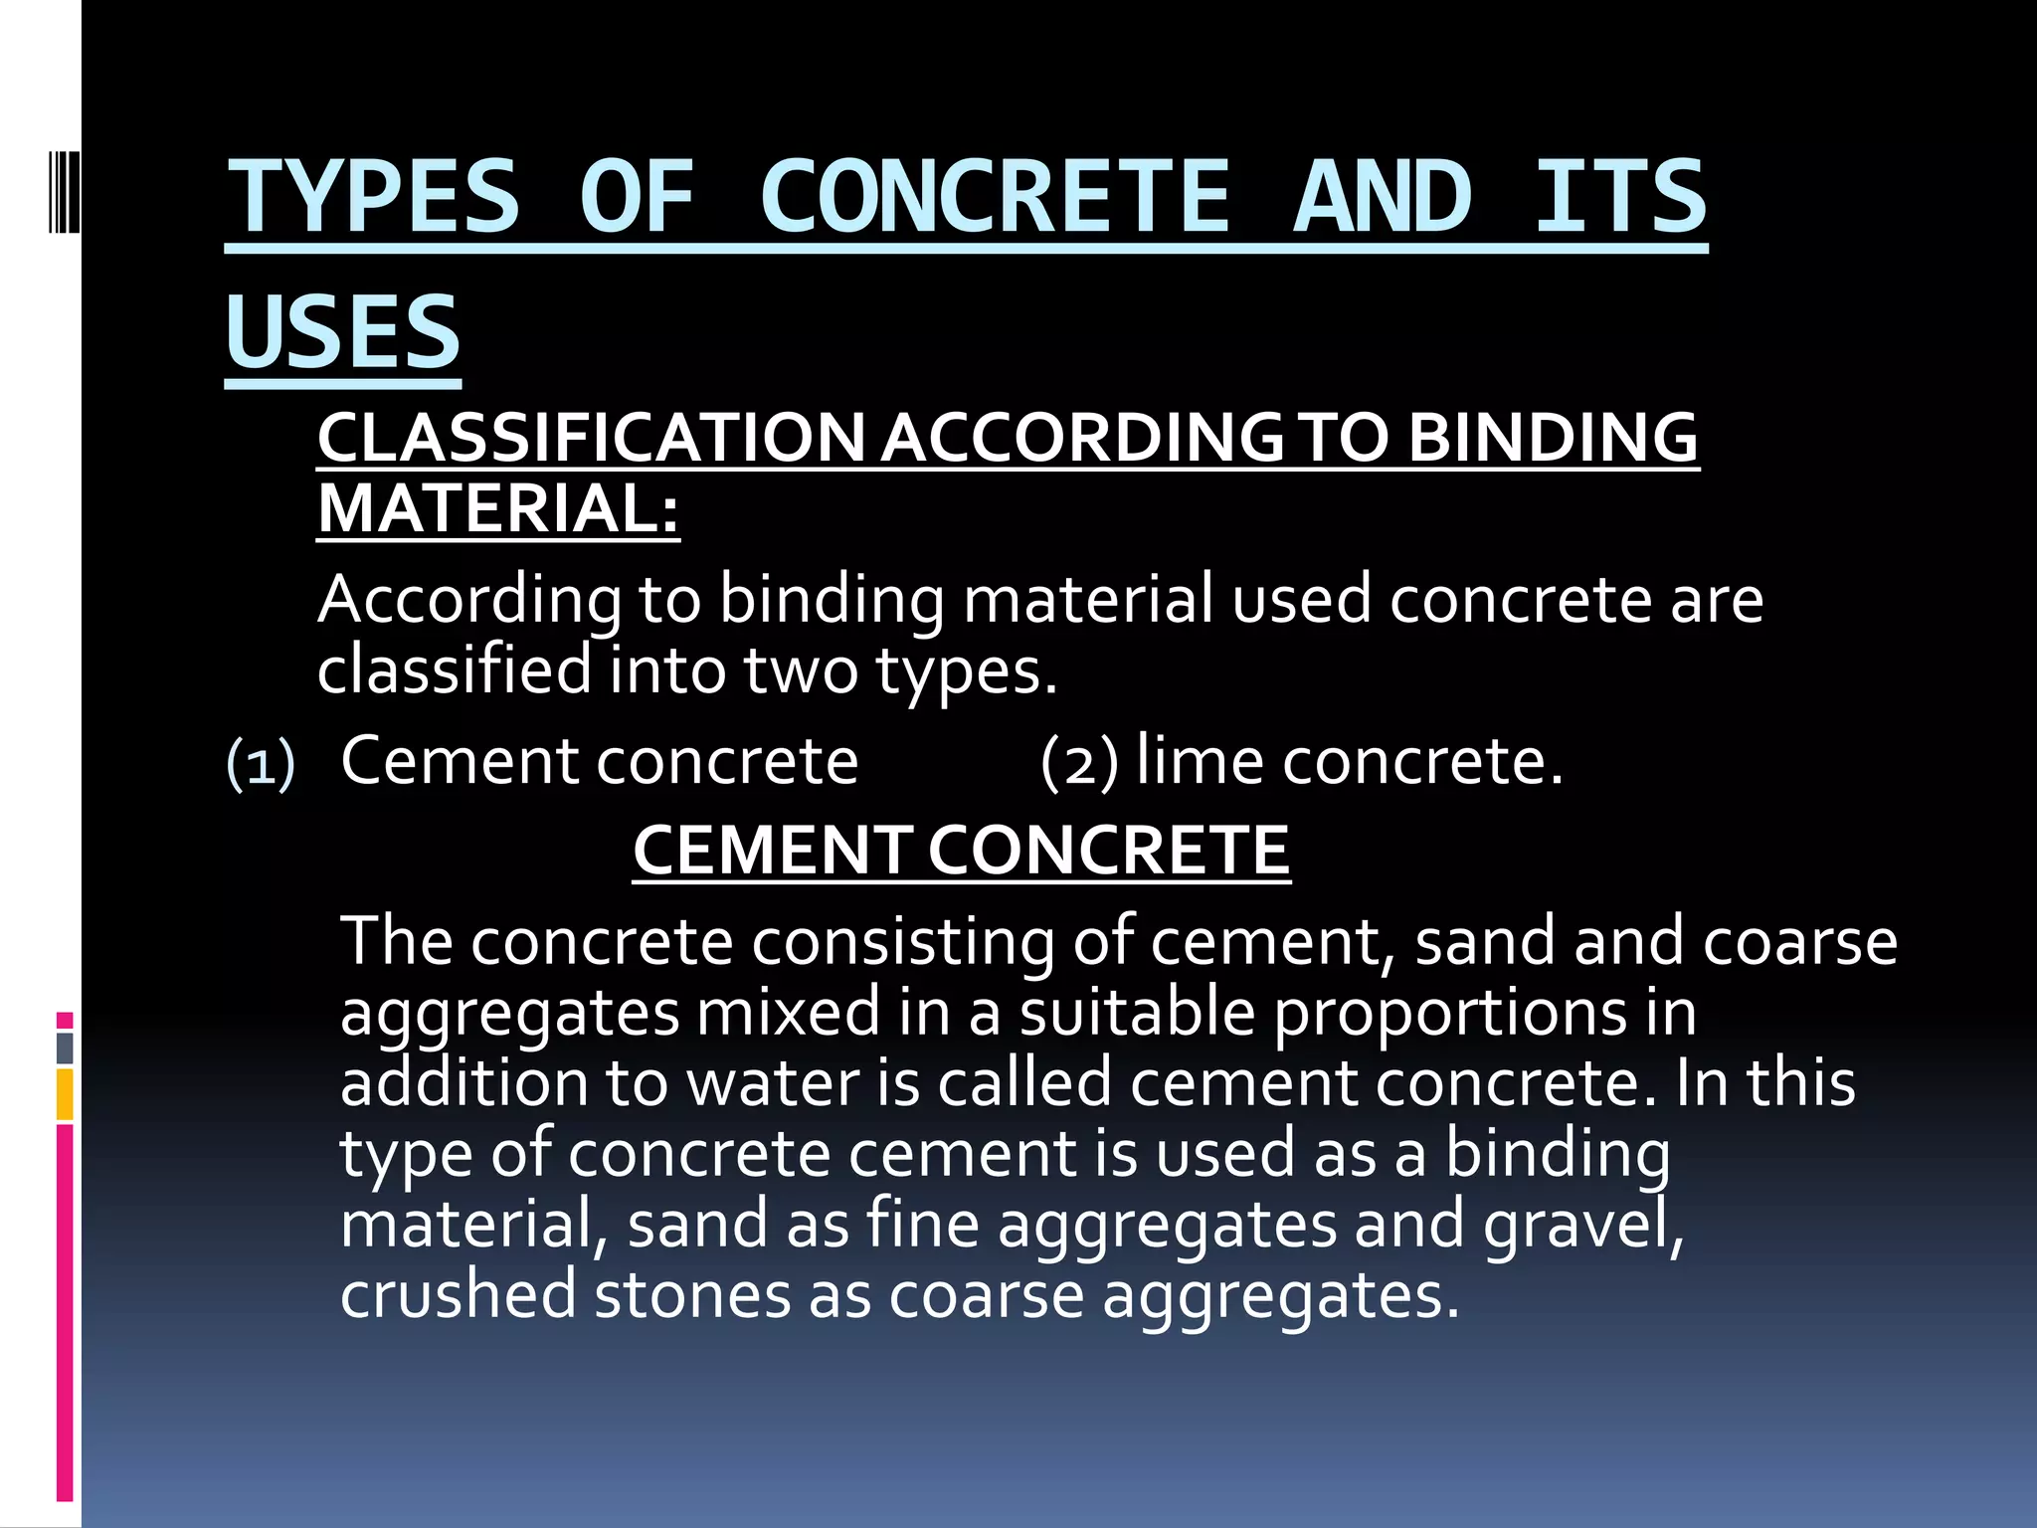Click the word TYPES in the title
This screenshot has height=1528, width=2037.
tap(374, 196)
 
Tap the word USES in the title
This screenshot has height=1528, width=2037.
tap(343, 331)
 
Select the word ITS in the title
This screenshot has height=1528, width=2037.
tap(1620, 196)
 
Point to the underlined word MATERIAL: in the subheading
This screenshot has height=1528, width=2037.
tap(498, 508)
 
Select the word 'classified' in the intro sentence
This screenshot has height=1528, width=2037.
tap(454, 669)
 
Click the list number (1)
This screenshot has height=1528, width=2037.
tap(261, 765)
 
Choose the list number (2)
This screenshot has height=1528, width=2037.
tap(1079, 763)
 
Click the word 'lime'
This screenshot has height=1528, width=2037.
tap(1201, 761)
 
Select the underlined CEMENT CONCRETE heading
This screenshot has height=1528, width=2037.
tap(961, 851)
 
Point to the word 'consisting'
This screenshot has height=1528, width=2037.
tap(903, 942)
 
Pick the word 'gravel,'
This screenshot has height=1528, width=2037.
tap(1583, 1226)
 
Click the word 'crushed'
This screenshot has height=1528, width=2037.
tap(458, 1295)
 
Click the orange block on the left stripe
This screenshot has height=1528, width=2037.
tap(65, 1094)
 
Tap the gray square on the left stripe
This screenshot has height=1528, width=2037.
tap(65, 1048)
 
